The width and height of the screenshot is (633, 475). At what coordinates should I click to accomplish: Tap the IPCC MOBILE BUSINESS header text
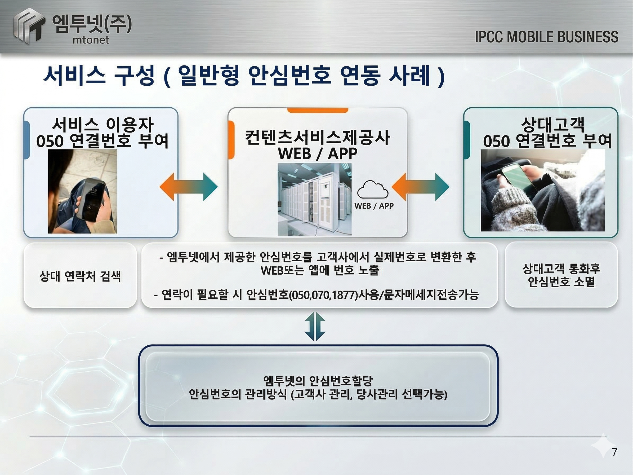click(x=547, y=37)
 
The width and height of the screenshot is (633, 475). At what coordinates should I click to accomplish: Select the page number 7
click(x=614, y=452)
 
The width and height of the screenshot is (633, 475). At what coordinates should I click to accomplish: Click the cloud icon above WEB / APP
click(x=373, y=190)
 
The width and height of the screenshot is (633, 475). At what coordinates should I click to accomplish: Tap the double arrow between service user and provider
click(x=188, y=187)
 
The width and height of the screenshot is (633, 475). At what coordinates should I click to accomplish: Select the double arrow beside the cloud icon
click(x=420, y=187)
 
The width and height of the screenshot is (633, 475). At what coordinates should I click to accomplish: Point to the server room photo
click(x=314, y=199)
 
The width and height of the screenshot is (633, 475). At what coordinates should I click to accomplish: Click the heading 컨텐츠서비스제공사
click(x=317, y=137)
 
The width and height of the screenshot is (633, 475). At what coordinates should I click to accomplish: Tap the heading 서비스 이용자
click(x=102, y=125)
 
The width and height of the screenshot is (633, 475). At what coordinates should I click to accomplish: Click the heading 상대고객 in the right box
click(x=552, y=125)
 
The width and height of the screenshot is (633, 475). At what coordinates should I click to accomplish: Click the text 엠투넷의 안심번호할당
click(x=318, y=381)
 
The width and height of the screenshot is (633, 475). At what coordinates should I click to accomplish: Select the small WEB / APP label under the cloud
click(x=374, y=206)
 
